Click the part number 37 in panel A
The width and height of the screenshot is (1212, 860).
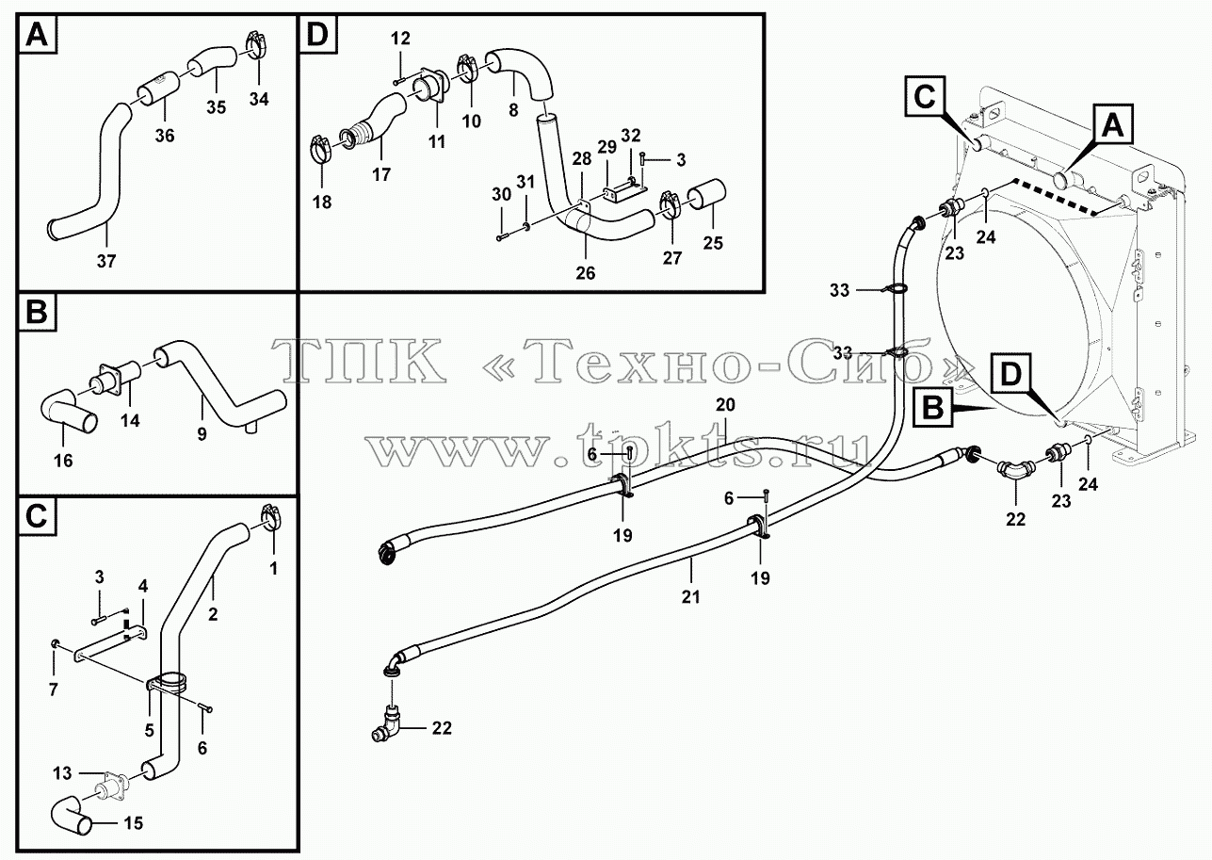(x=106, y=262)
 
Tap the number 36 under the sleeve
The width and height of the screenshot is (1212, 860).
(x=165, y=136)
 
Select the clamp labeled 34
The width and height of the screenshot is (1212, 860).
(x=255, y=44)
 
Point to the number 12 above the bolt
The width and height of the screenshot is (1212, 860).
(x=400, y=39)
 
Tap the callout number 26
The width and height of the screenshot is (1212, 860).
(x=586, y=273)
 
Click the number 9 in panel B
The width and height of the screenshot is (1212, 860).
(x=202, y=434)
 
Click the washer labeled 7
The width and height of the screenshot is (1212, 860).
(x=55, y=643)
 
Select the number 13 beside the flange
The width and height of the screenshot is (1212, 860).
(x=62, y=773)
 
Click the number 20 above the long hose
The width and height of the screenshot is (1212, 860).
(x=725, y=405)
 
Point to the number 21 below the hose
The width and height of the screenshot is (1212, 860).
(x=690, y=597)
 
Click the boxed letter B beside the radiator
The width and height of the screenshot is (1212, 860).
(x=932, y=408)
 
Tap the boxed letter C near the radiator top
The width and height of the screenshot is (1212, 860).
(x=924, y=97)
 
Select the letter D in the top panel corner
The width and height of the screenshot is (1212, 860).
(x=317, y=34)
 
